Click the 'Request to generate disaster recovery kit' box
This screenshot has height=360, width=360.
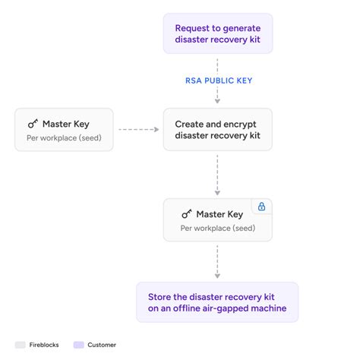point(217,33)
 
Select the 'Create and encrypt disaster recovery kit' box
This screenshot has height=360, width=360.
point(217,129)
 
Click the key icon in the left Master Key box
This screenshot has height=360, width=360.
point(33,124)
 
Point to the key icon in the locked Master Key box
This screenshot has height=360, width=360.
point(187,214)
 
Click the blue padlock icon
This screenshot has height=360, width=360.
point(261,207)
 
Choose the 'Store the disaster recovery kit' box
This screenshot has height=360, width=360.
point(217,302)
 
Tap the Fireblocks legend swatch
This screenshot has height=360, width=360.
point(21,345)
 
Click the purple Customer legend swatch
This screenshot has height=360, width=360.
point(78,345)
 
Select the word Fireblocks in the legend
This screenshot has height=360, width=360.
point(45,345)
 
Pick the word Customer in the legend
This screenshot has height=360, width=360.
point(101,345)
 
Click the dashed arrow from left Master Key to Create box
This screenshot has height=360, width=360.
point(138,129)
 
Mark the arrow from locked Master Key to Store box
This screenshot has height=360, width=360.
point(217,261)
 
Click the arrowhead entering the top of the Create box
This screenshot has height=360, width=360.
point(217,102)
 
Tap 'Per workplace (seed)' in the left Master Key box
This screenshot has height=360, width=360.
point(64,137)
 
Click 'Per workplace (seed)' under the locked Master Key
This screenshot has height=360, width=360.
point(217,228)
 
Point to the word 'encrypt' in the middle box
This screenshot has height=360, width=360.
point(238,123)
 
